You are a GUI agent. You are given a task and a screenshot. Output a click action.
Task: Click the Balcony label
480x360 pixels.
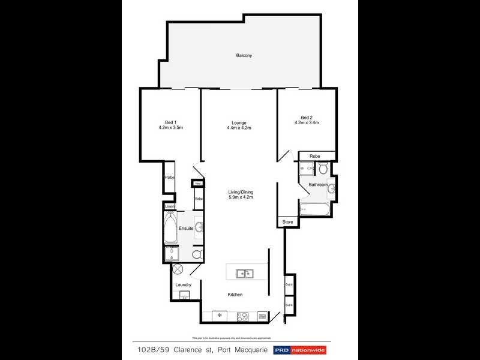[243, 56]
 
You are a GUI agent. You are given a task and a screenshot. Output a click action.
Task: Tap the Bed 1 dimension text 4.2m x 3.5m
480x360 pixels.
[170, 128]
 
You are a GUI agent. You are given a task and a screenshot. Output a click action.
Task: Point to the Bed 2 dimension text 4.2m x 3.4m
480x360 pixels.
[307, 122]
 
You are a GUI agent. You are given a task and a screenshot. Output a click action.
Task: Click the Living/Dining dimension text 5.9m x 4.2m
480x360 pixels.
[241, 197]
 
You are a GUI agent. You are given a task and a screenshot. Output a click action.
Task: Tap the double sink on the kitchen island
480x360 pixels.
[244, 274]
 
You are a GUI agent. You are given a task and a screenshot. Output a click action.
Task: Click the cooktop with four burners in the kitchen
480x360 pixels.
[243, 316]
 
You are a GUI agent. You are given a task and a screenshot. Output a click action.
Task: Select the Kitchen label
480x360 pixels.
[235, 295]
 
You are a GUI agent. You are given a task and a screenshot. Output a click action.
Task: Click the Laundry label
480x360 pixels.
[183, 284]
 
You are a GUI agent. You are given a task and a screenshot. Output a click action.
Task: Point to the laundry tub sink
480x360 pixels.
[185, 295]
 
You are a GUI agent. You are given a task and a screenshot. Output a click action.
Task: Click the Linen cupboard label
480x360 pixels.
[170, 207]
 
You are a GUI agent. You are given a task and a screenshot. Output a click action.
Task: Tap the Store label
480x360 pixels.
[288, 222]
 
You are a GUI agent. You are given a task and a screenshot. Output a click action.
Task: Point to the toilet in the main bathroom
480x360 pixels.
[323, 169]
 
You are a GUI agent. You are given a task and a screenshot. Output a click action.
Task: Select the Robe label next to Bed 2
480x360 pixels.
[315, 156]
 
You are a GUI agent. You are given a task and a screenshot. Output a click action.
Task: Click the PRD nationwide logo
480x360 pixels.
[302, 350]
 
